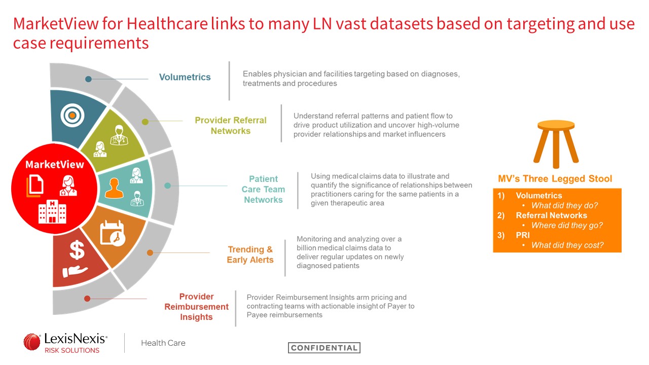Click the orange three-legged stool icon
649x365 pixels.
point(556,144)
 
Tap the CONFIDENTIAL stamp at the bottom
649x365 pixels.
point(324,348)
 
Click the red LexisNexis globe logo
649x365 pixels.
point(32,342)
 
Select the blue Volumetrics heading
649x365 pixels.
point(185,77)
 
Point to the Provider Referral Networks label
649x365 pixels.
point(231,125)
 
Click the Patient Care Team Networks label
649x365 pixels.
point(263,189)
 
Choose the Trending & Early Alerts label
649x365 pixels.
point(250,254)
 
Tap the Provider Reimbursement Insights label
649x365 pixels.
point(196,307)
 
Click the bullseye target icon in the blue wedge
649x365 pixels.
point(72,115)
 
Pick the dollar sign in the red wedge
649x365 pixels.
point(77,250)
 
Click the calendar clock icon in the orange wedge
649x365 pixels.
point(113,233)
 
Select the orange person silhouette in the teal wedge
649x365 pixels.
point(114,188)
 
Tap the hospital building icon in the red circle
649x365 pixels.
point(52,211)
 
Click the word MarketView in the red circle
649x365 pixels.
point(54,165)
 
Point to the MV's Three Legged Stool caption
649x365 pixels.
point(555,179)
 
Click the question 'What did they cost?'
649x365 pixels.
point(567,245)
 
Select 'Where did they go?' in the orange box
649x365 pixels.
point(567,225)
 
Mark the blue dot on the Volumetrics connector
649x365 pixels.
point(88,79)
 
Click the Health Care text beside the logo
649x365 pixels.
point(163,343)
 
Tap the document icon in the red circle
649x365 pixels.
point(35,186)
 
